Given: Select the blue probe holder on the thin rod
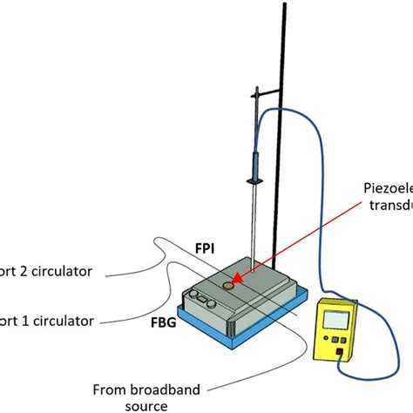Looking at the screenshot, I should (x=255, y=163).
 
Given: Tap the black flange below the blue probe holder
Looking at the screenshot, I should (x=255, y=181).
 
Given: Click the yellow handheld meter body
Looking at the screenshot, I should (x=340, y=332).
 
